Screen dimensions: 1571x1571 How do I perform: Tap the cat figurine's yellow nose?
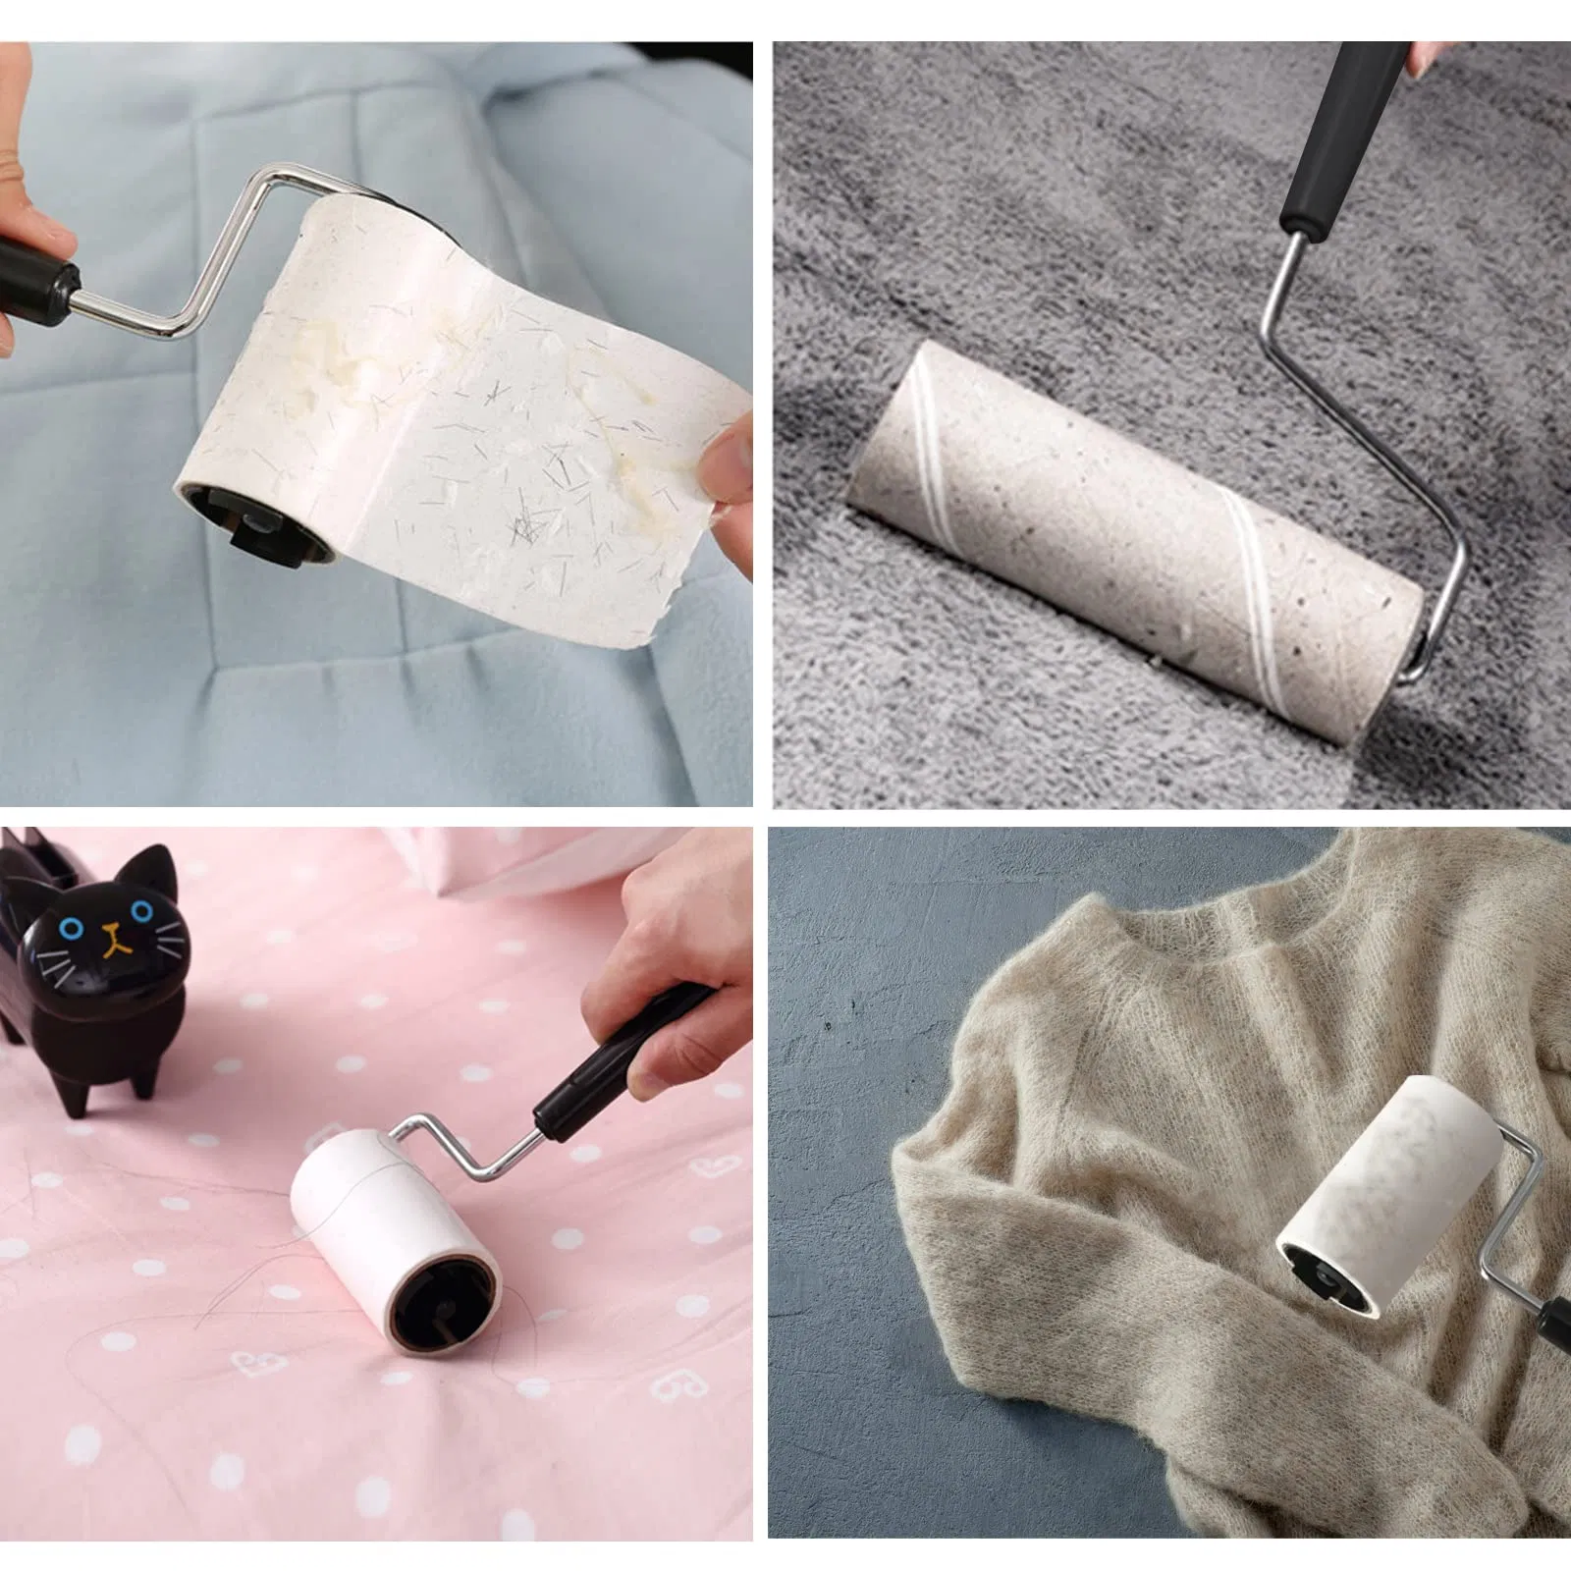point(117,930)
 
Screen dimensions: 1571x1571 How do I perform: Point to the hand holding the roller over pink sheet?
point(668,943)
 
